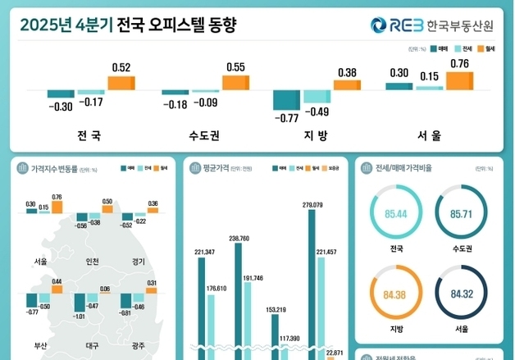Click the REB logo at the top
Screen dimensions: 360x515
point(396,25)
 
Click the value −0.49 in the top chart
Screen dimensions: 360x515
point(317,112)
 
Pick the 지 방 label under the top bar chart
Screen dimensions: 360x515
point(315,134)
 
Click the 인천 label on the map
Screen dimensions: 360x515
point(92,262)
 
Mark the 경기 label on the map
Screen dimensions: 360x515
point(138,262)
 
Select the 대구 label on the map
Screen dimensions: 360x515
point(92,345)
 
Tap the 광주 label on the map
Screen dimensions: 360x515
point(138,345)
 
